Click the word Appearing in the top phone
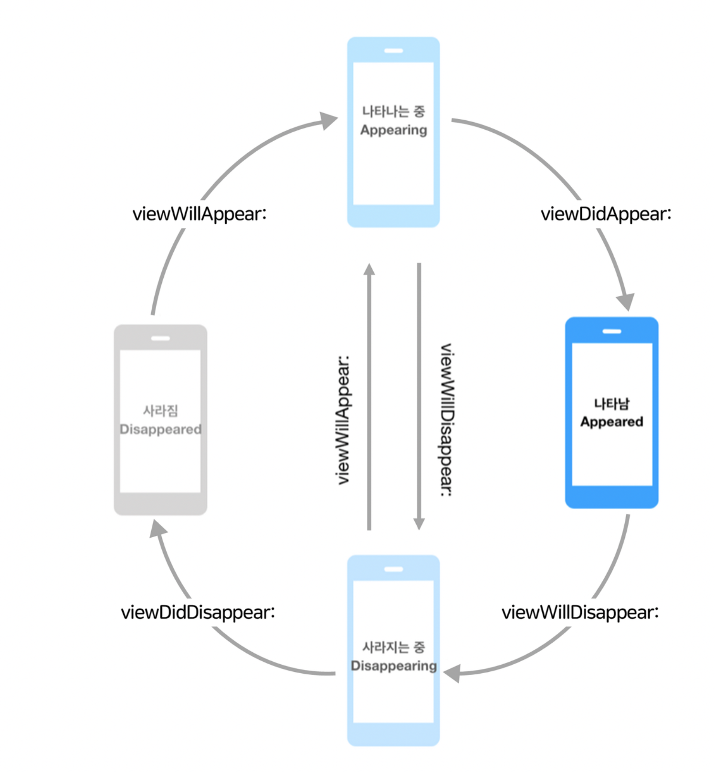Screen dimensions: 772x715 click(x=393, y=130)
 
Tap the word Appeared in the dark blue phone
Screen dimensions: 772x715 click(x=611, y=422)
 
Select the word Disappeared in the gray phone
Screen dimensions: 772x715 click(x=160, y=429)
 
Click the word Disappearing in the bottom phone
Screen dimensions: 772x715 click(x=393, y=666)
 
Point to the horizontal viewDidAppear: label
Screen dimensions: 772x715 click(x=606, y=214)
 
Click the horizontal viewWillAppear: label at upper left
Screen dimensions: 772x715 click(x=200, y=214)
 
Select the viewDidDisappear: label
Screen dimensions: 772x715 click(x=198, y=612)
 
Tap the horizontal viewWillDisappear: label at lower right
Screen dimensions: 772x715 click(x=580, y=612)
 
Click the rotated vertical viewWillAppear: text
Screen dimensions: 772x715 click(x=344, y=420)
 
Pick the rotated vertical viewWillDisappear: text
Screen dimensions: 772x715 click(x=447, y=420)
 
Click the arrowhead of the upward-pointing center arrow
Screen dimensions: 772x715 click(x=369, y=270)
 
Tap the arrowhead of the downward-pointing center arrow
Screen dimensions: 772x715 click(x=419, y=523)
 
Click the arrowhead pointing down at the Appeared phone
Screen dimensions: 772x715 click(x=625, y=302)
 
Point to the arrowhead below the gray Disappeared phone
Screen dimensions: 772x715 click(x=158, y=529)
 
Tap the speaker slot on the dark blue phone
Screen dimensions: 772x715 click(x=611, y=331)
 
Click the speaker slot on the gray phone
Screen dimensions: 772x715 click(x=160, y=338)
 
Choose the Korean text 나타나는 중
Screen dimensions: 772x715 click(x=393, y=112)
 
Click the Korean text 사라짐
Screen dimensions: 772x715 click(x=160, y=411)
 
